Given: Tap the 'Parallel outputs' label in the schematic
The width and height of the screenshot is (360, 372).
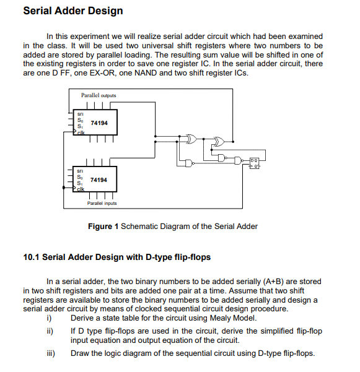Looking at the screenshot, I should point(99,96).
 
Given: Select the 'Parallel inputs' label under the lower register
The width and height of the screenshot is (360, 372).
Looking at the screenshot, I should point(102,203).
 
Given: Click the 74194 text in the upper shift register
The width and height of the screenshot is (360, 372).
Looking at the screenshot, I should point(99,123).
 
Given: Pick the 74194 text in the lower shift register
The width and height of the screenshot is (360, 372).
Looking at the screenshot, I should point(99,180).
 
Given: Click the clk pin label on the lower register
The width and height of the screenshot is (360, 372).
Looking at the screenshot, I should point(81,189).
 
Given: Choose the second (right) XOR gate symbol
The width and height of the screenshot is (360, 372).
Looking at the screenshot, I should point(217,141).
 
